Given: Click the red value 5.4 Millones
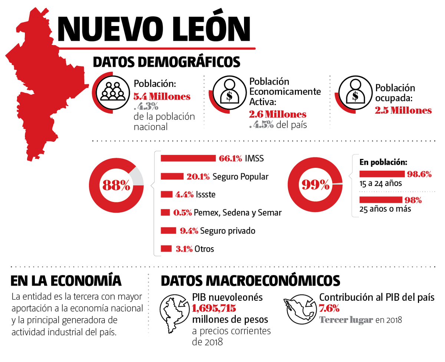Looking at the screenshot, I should (x=162, y=97).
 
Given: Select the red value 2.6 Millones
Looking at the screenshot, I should (x=278, y=114).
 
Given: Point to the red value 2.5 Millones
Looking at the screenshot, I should (x=403, y=110).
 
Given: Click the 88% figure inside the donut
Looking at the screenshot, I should (x=116, y=185).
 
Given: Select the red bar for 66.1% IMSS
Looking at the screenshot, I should (x=188, y=159).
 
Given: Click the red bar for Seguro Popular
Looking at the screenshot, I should (x=172, y=176).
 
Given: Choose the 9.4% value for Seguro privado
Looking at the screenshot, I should (x=189, y=231).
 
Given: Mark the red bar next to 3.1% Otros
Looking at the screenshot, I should (x=166, y=249).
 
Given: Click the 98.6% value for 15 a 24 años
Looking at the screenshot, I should (x=419, y=174).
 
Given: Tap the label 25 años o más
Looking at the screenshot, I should (x=385, y=209).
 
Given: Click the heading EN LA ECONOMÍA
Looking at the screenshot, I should (x=66, y=280).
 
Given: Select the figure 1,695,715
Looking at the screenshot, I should (x=214, y=308).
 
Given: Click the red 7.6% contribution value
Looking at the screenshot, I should (x=329, y=308).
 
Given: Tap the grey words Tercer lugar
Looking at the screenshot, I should (x=346, y=320).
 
